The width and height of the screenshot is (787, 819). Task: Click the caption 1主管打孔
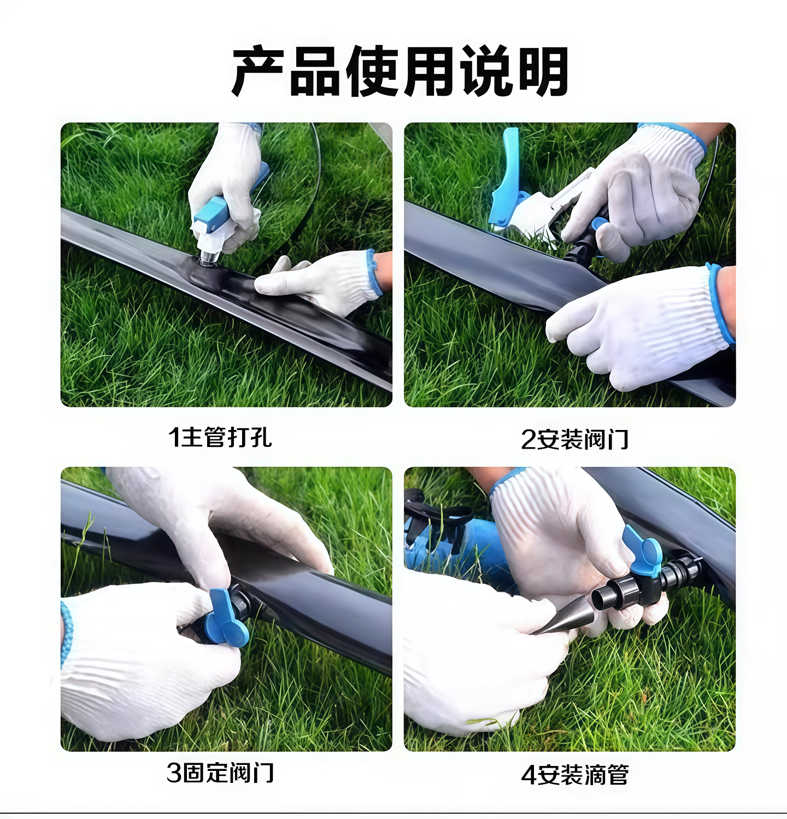point(220,437)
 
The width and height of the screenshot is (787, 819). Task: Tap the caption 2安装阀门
point(574,439)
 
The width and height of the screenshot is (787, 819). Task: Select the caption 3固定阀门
point(220,773)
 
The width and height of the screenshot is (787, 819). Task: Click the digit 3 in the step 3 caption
point(174,773)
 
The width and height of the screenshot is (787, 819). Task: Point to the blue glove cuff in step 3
point(66,634)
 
